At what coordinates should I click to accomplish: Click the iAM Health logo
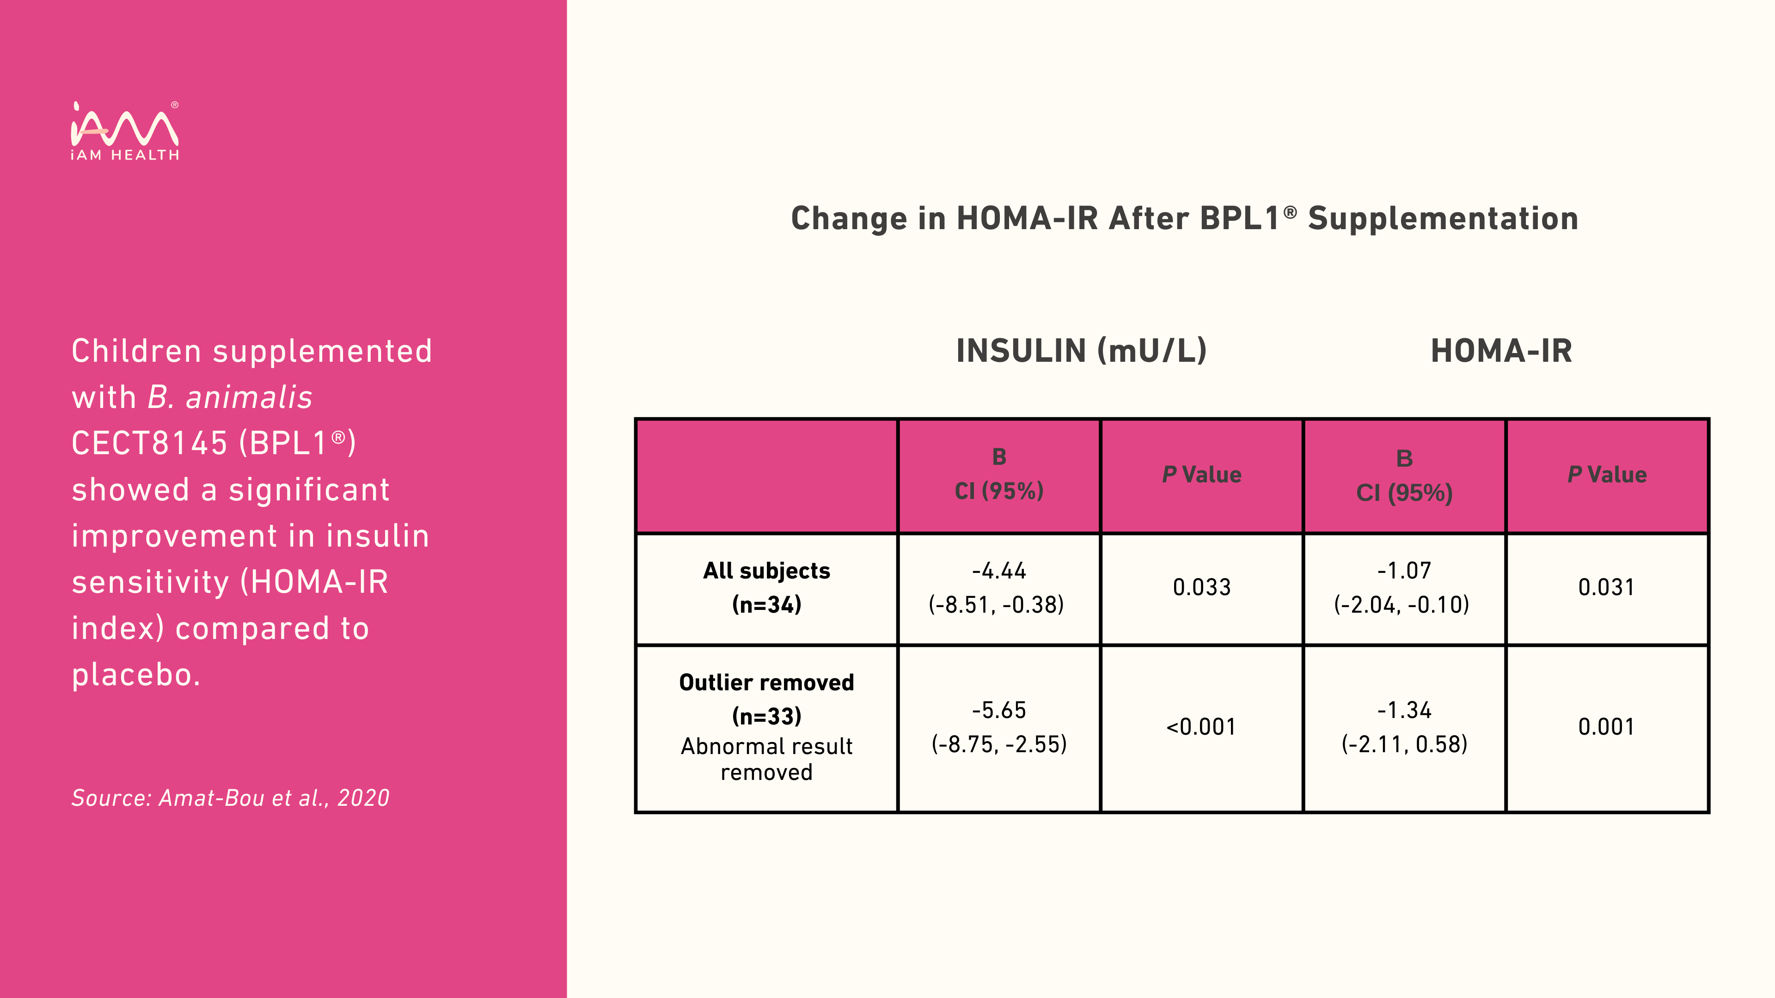point(125,131)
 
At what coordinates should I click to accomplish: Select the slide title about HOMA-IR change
point(1184,219)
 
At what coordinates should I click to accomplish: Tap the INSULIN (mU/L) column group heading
point(1081,351)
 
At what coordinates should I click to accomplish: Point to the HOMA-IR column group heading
point(1501,351)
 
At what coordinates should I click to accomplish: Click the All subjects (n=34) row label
point(766,588)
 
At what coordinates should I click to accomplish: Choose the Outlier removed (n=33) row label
point(766,699)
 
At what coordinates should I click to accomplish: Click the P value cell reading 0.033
point(1202,588)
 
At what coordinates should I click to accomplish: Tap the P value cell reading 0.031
point(1606,588)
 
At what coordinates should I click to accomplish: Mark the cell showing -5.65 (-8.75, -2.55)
point(999,727)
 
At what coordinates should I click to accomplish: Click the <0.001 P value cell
point(1201,727)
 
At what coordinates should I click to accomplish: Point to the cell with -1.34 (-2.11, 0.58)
point(1404,727)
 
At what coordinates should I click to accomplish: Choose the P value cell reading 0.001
point(1606,727)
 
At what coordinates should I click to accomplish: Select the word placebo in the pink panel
point(136,675)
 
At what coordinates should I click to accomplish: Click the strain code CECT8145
point(149,444)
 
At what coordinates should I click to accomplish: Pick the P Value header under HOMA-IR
point(1607,475)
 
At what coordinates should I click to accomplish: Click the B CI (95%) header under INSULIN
point(999,474)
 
